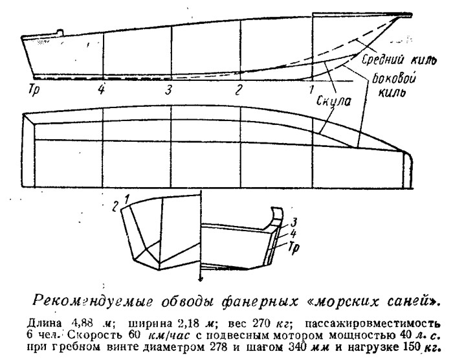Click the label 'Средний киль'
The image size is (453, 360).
tap(399, 60)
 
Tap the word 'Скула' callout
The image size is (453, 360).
tap(334, 101)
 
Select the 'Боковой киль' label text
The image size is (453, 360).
tap(393, 85)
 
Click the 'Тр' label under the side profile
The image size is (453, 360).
tap(34, 90)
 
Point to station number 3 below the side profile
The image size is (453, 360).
tap(168, 90)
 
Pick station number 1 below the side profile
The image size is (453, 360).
tap(311, 89)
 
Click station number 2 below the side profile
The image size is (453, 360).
tap(238, 90)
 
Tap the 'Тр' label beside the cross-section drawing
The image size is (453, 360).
tap(293, 248)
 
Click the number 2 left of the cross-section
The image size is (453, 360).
tap(115, 207)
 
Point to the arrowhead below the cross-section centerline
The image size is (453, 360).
tap(200, 279)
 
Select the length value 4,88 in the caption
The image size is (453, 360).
tap(82, 322)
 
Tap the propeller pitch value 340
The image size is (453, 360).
tap(296, 346)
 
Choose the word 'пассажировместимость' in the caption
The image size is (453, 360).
tap(373, 323)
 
